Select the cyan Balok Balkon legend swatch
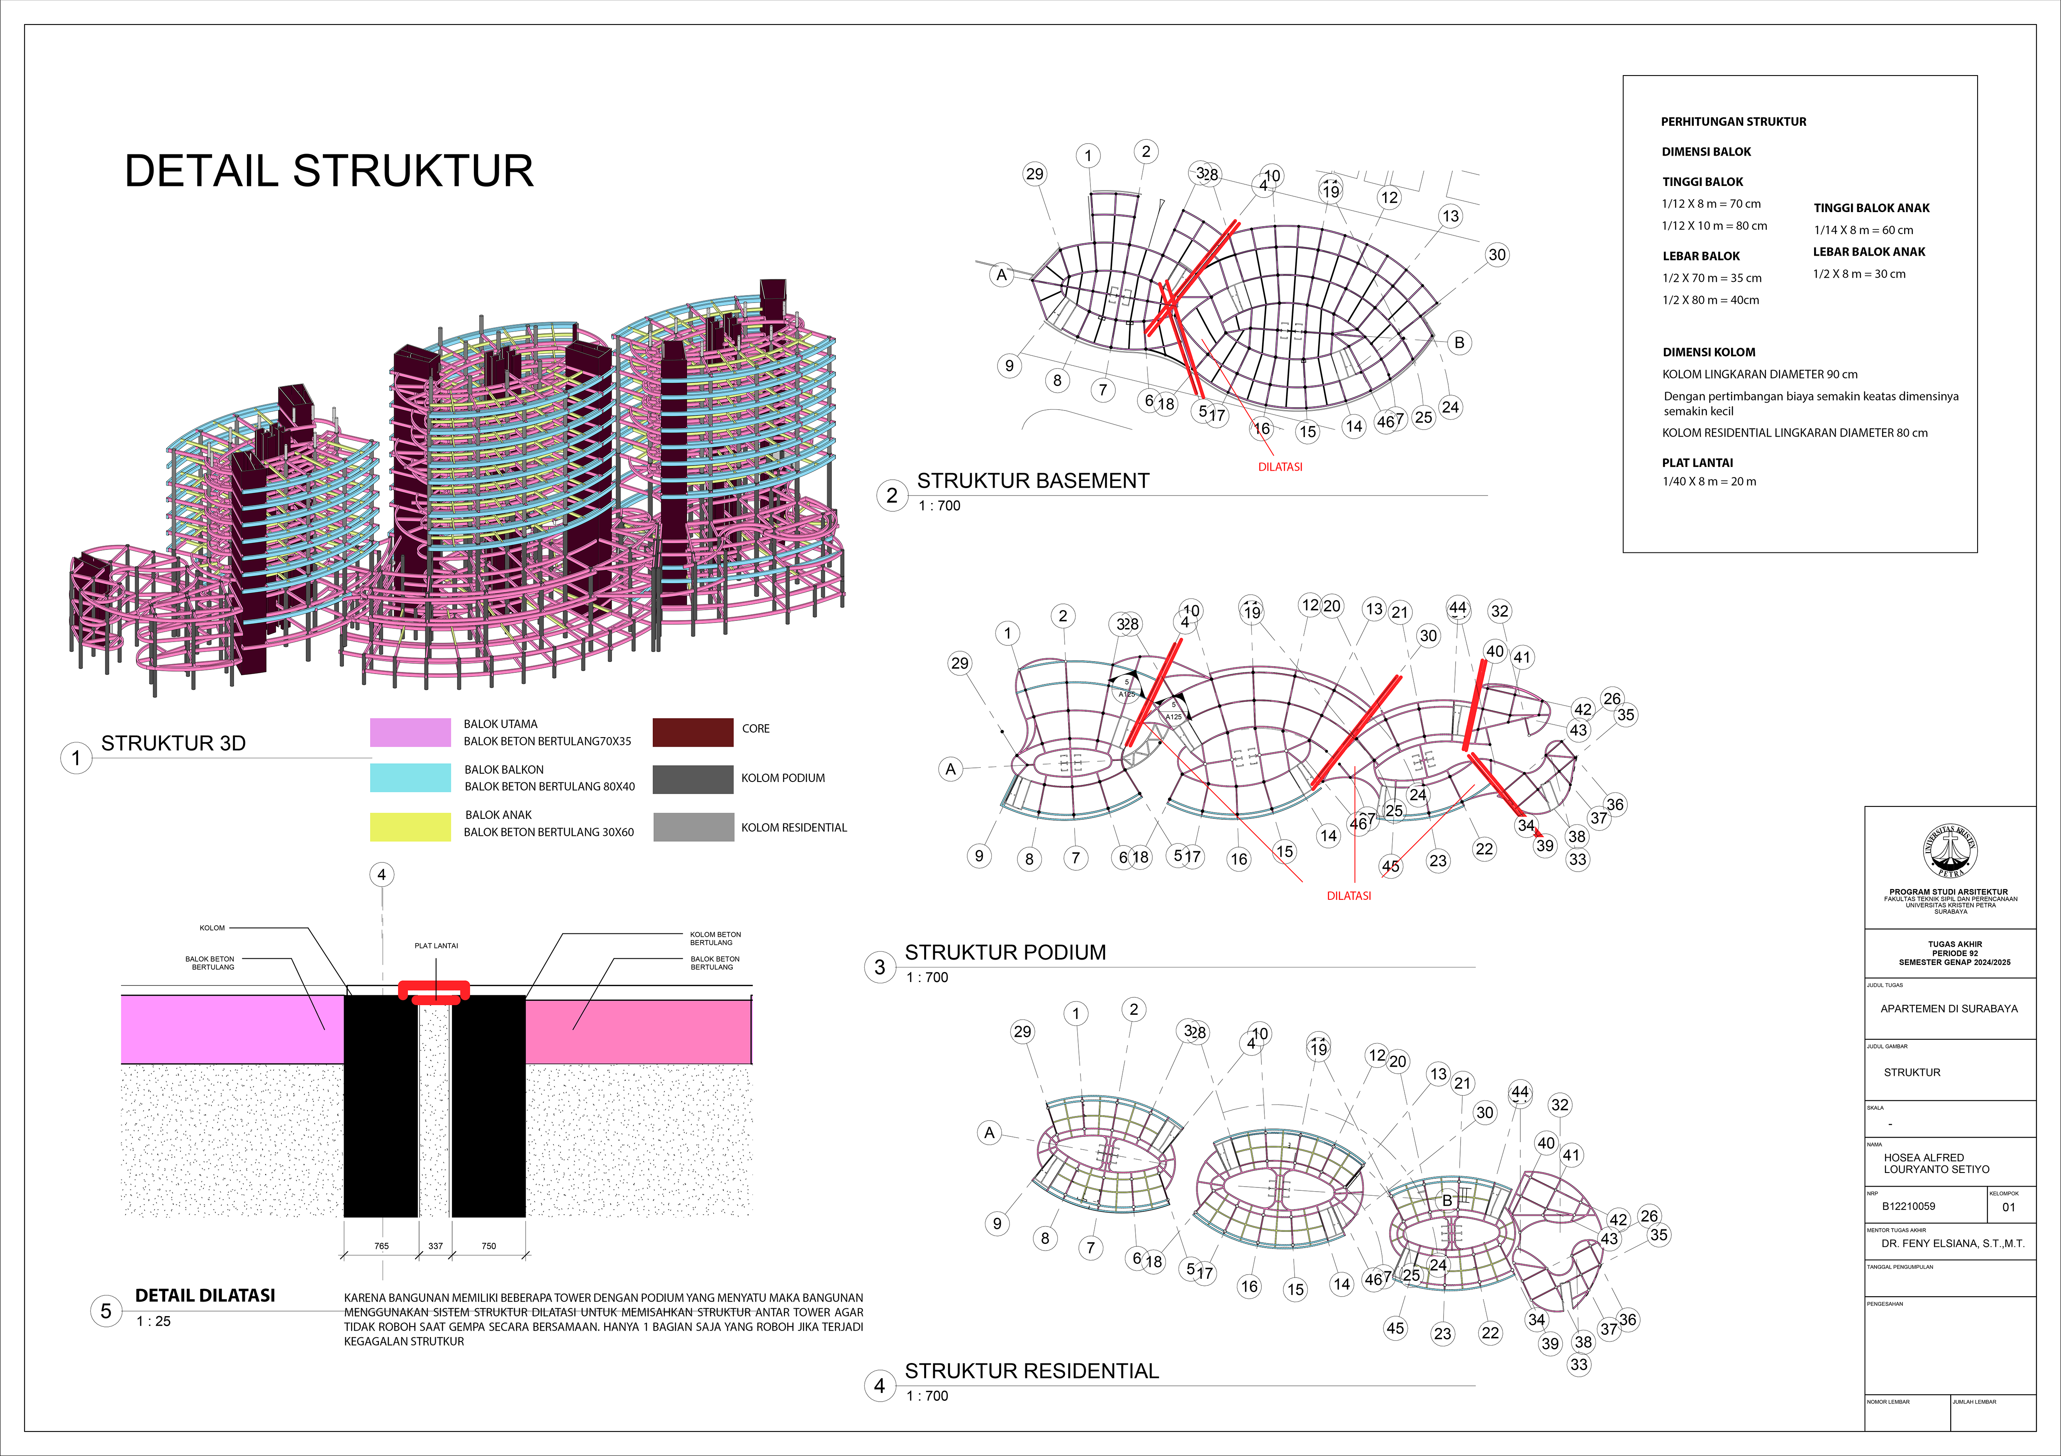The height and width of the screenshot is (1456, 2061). pos(410,777)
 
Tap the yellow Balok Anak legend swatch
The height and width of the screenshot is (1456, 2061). pos(410,827)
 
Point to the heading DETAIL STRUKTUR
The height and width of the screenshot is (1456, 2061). pos(329,171)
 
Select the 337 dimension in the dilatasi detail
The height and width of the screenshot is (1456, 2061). pos(435,1246)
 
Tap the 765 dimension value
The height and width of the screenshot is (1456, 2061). pos(381,1246)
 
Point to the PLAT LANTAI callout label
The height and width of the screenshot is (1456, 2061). pos(436,945)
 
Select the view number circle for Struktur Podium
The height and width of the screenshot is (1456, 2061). pos(880,967)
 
